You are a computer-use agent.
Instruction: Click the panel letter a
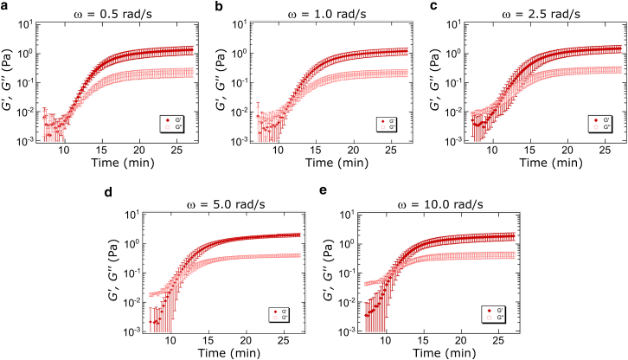point(5,6)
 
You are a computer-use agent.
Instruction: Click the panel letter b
point(216,6)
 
